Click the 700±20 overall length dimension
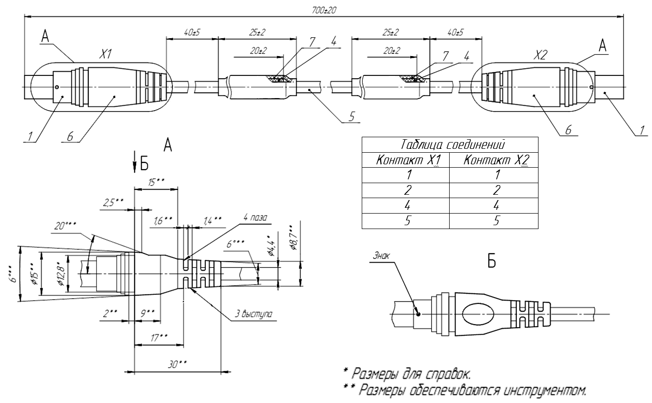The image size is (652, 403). point(324,11)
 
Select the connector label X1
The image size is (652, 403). point(105,54)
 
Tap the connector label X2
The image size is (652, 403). point(540,55)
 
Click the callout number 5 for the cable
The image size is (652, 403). point(352,117)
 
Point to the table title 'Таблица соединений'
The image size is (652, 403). point(453,144)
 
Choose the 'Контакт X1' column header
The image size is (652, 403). point(408,160)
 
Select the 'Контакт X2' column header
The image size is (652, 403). point(496,160)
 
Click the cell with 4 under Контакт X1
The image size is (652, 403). point(408,205)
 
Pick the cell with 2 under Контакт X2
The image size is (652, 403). point(496,190)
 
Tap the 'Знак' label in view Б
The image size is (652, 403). point(381,256)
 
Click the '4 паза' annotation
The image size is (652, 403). point(255,217)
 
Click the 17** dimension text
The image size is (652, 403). point(159,338)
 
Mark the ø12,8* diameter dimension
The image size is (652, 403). point(61,274)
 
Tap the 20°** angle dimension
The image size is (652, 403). point(65,226)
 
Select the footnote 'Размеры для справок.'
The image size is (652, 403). point(407,374)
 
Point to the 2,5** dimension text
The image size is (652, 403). point(113,202)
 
